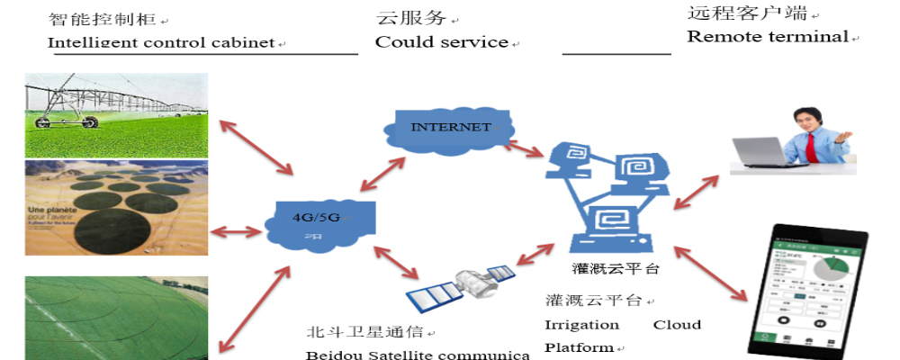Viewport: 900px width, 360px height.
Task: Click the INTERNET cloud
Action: coord(450,129)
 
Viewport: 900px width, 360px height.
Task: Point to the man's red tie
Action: coord(812,144)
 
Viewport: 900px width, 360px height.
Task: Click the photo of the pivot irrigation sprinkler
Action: coord(116,114)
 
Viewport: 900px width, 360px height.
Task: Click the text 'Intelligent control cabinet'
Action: coord(161,42)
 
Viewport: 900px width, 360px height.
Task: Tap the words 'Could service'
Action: coord(441,42)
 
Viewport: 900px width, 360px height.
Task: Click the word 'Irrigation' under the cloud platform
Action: coord(581,324)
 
